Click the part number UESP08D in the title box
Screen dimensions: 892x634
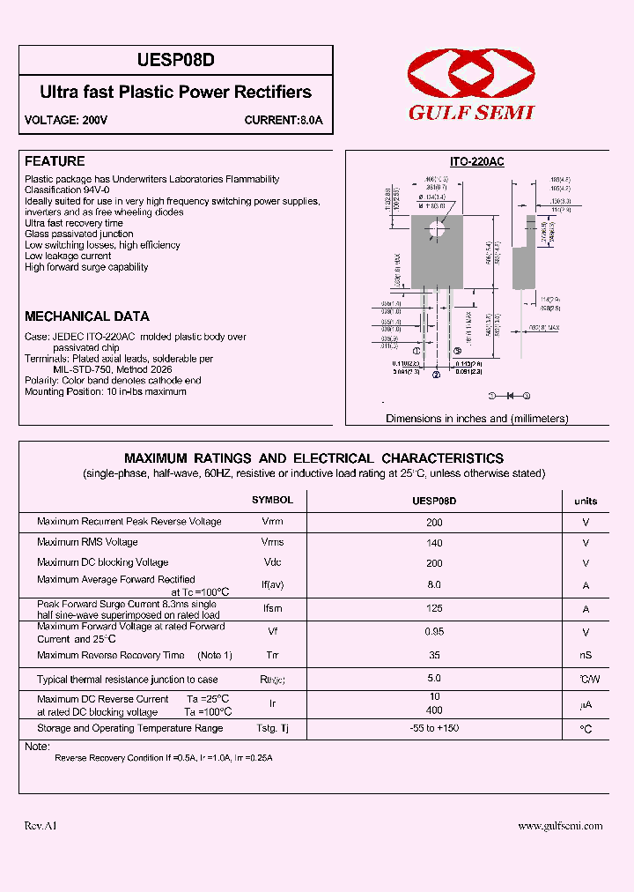pos(176,60)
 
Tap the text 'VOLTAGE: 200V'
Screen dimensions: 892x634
pos(66,121)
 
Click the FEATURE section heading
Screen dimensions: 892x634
pos(55,161)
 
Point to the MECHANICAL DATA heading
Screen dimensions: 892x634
pos(87,316)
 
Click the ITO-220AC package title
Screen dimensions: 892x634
pos(476,162)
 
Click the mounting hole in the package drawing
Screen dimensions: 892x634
pos(436,232)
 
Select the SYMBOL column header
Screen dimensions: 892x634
pos(272,500)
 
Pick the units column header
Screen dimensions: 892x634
pos(586,501)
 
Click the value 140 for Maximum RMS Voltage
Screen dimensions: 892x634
pos(434,543)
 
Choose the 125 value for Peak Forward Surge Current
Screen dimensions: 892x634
pos(434,608)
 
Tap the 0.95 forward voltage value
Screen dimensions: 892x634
pos(434,631)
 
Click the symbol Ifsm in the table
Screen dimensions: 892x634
pos(272,608)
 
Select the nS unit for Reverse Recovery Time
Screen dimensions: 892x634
pos(586,655)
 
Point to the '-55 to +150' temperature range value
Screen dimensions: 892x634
pos(434,728)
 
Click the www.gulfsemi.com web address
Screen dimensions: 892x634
pos(560,826)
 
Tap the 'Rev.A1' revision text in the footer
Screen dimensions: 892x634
pos(41,826)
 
